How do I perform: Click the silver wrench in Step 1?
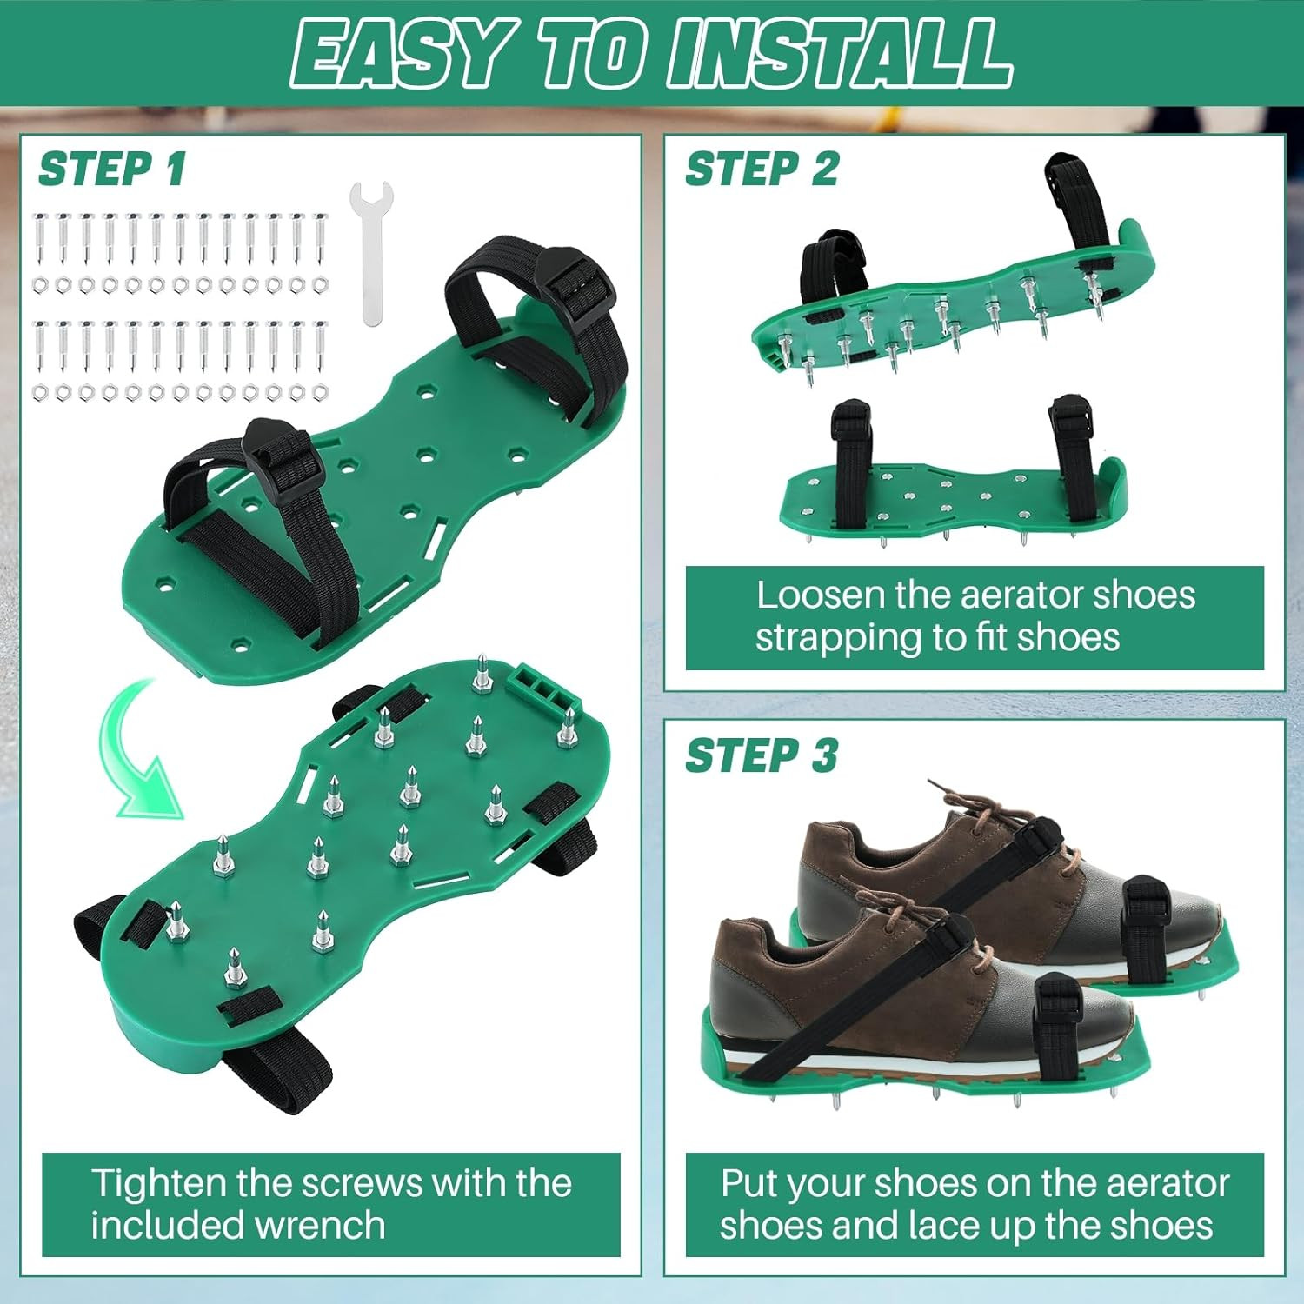[x=371, y=252]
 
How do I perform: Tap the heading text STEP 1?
[x=112, y=169]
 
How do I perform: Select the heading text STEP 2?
[x=762, y=169]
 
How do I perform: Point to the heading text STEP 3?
[x=762, y=755]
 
